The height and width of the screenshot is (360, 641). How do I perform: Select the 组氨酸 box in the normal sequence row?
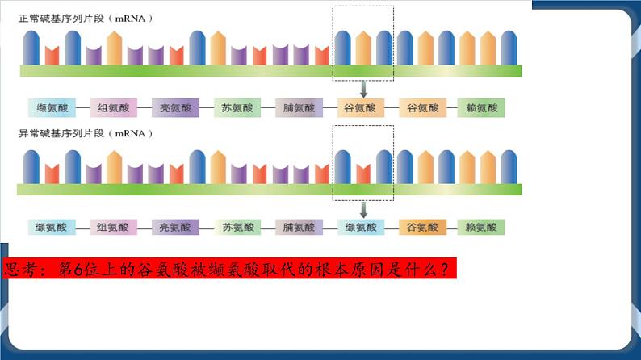(x=113, y=108)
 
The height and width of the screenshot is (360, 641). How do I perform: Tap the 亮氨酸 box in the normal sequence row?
(x=175, y=108)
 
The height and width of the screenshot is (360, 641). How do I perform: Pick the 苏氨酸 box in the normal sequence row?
(x=238, y=108)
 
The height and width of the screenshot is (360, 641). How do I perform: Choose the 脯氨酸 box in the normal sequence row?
(x=299, y=108)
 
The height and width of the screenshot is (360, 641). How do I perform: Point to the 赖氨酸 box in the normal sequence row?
(x=481, y=108)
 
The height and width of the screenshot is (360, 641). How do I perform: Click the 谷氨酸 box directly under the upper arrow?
(x=360, y=108)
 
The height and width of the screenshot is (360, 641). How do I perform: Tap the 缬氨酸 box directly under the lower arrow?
(x=361, y=228)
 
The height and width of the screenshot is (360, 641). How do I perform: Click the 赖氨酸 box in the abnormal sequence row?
(x=481, y=228)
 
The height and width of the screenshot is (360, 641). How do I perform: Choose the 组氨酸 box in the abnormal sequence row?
(x=113, y=228)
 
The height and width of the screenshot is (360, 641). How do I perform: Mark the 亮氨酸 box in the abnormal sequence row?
(x=175, y=228)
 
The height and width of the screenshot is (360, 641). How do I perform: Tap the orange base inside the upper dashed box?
(x=363, y=48)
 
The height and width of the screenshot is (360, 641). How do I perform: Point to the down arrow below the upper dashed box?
(x=363, y=89)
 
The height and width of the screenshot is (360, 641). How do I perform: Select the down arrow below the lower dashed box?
(x=363, y=209)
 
